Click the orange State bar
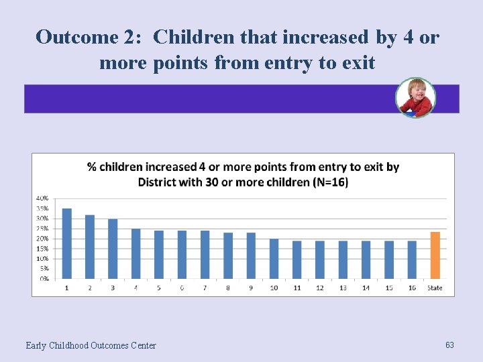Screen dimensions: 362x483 [435, 255]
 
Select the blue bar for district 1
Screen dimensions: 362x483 [66, 243]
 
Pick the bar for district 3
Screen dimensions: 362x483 [113, 249]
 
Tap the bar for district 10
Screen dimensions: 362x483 [274, 259]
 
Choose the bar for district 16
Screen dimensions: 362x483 [412, 259]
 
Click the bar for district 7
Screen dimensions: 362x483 [205, 255]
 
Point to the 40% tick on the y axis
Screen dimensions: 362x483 [42, 198]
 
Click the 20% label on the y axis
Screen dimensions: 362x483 [42, 238]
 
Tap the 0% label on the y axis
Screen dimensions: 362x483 [43, 278]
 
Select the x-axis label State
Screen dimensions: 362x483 [435, 288]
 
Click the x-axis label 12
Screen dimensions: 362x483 [320, 288]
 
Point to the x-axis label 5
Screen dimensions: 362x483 [159, 288]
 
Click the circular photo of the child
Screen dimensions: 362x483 [415, 98]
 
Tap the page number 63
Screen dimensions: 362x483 [449, 345]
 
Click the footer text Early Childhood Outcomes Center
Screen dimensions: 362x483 [91, 345]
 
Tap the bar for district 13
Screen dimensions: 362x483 [343, 259]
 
